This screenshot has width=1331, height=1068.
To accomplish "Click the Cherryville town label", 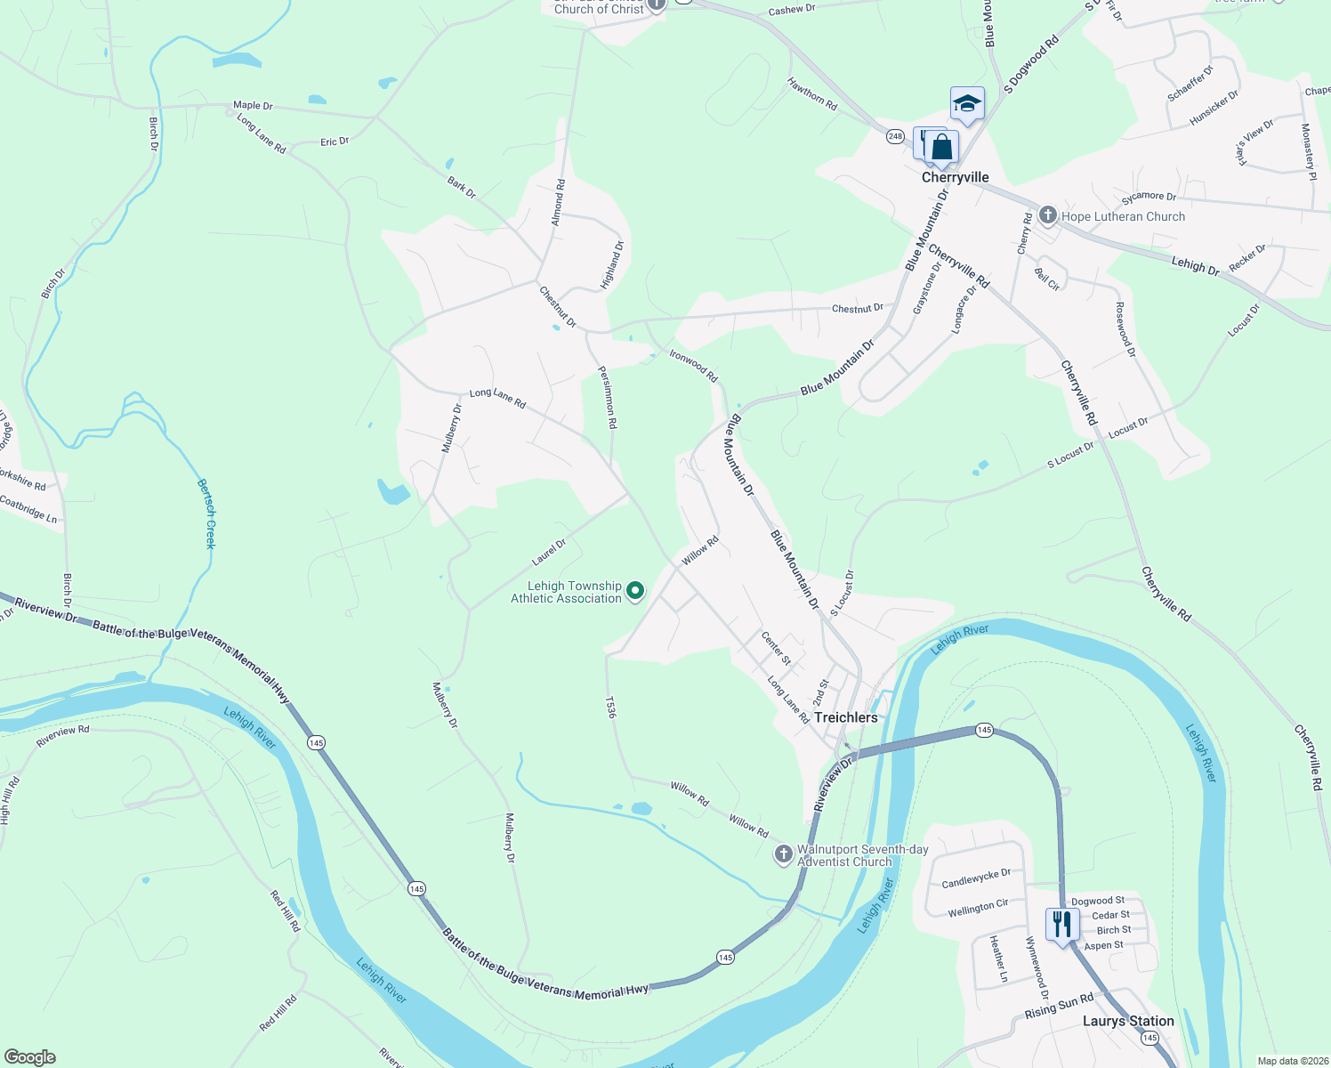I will click(x=955, y=177).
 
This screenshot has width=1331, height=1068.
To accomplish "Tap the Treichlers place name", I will click(x=845, y=717).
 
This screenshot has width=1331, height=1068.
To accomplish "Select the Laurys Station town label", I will click(x=1128, y=1021).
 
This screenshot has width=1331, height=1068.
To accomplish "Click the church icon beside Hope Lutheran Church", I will click(x=1048, y=215).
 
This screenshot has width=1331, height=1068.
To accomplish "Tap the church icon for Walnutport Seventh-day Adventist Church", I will click(x=783, y=854).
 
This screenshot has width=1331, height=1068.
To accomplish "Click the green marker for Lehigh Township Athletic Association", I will click(x=635, y=590).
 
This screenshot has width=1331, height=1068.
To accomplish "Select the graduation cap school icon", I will click(x=967, y=103).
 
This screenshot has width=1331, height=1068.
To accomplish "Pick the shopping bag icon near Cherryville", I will click(x=941, y=148).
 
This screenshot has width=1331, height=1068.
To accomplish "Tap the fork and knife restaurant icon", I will click(x=1062, y=925).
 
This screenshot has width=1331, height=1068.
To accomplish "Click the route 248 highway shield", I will click(x=895, y=136).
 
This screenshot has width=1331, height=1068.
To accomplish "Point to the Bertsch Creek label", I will click(x=206, y=514).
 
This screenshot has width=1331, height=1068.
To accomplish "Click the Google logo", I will click(x=30, y=1057).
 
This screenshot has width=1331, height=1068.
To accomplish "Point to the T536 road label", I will click(x=610, y=708).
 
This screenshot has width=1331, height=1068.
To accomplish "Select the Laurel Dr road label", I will click(x=549, y=553).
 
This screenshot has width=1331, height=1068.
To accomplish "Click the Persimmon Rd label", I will click(x=607, y=398).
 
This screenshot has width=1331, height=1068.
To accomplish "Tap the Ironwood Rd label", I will click(x=693, y=366).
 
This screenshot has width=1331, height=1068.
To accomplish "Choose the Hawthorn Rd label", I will click(x=812, y=93).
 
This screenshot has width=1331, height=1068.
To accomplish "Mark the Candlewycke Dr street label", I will click(x=976, y=878).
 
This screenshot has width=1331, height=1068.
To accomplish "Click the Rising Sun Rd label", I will click(x=1059, y=1007).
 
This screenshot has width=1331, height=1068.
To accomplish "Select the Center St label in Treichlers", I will click(x=776, y=648).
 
